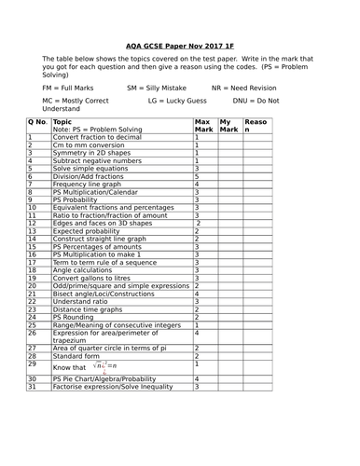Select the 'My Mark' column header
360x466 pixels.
228,126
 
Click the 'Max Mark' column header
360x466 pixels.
202,126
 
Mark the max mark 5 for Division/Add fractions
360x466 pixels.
197,176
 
